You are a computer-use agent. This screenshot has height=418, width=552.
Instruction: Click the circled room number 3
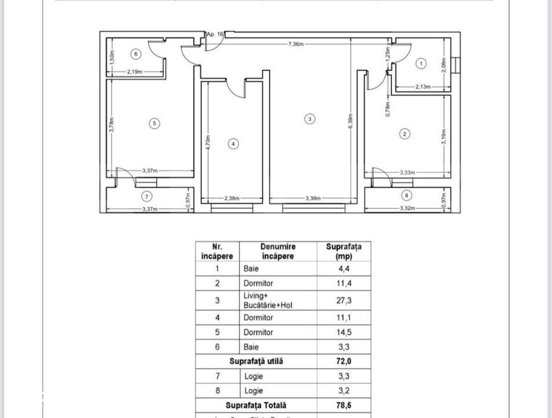tap(309, 119)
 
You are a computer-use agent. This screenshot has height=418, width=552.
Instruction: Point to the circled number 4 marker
tap(233, 144)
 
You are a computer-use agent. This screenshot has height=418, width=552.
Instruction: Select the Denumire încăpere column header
tap(278, 251)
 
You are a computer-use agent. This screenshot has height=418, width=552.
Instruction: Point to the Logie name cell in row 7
tap(253, 376)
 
